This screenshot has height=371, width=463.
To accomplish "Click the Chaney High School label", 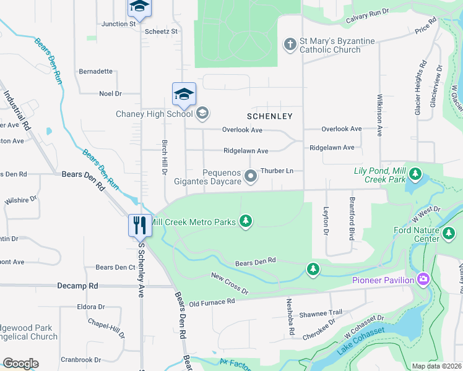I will click(x=155, y=114).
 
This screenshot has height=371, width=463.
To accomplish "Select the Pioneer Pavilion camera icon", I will click(x=424, y=279).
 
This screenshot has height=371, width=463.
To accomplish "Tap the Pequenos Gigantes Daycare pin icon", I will click(x=251, y=177).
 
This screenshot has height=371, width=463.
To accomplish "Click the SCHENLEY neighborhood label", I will click(x=269, y=116).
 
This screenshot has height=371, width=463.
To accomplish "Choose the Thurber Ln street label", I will click(x=277, y=170).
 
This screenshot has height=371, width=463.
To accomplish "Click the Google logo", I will click(x=20, y=364).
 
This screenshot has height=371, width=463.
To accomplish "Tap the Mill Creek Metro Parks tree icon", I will click(x=246, y=221).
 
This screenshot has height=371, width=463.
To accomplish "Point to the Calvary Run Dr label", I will click(x=367, y=16).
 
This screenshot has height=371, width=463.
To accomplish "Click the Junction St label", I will click(x=118, y=24).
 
